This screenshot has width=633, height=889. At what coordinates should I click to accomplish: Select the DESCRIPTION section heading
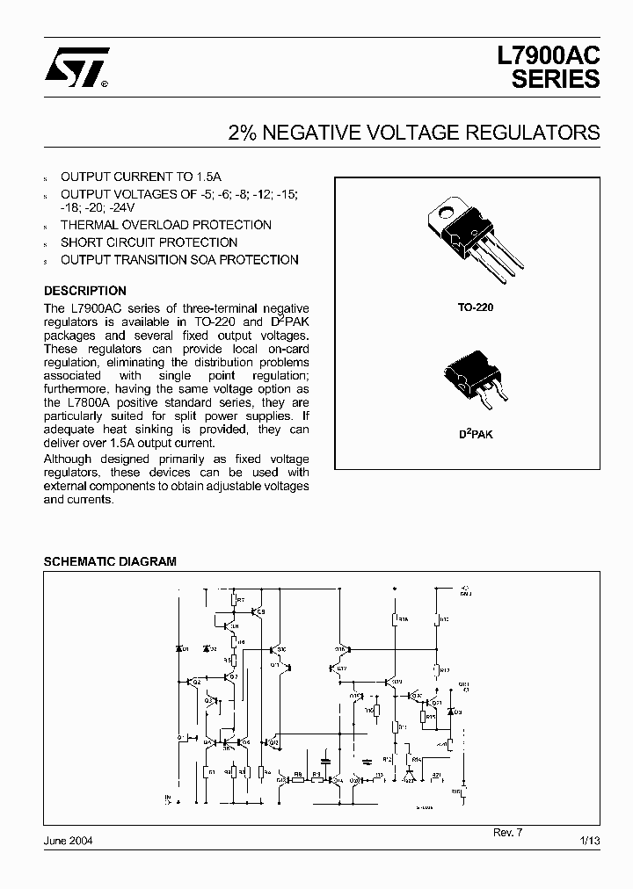(x=85, y=291)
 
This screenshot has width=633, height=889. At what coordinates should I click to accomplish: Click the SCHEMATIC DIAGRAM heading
(x=110, y=560)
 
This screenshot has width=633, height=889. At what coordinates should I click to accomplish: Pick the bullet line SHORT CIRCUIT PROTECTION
(x=149, y=242)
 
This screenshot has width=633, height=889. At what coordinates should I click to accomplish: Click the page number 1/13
(x=590, y=840)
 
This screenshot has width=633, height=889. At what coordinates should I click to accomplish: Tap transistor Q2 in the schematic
(x=194, y=681)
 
